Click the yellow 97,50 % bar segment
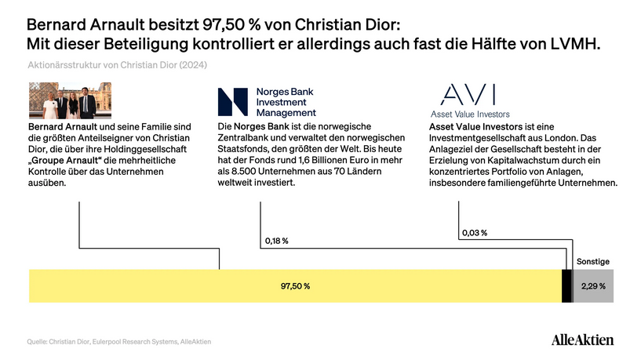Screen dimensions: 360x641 tap(295, 285)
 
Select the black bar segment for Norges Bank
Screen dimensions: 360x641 tap(566, 285)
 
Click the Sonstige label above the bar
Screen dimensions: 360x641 tap(592, 261)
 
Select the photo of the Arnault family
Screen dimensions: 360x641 tap(63, 101)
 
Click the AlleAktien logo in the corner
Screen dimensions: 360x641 tap(582, 340)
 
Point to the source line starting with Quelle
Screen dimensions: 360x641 tap(119, 341)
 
